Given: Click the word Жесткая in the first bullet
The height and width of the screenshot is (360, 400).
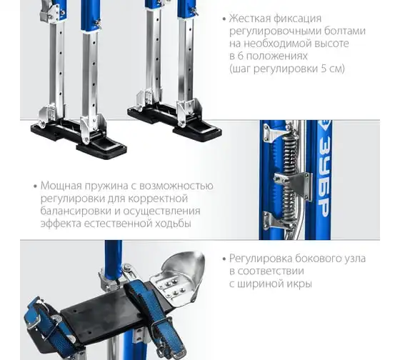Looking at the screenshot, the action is point(249,19).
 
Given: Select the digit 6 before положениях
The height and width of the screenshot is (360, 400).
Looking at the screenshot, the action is point(240,56).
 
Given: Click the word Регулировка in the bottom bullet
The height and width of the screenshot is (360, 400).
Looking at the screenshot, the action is point(261,259).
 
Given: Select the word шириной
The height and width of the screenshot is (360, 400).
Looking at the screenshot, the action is point(259,284).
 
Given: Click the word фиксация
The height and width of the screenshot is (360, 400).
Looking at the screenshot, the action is point(297,19).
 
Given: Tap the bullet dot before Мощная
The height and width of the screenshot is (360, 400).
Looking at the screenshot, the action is point(36,186).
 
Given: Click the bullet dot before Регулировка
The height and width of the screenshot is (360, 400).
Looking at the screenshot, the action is point(224,259).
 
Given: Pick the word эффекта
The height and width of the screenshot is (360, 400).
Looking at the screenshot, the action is point(61,224).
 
